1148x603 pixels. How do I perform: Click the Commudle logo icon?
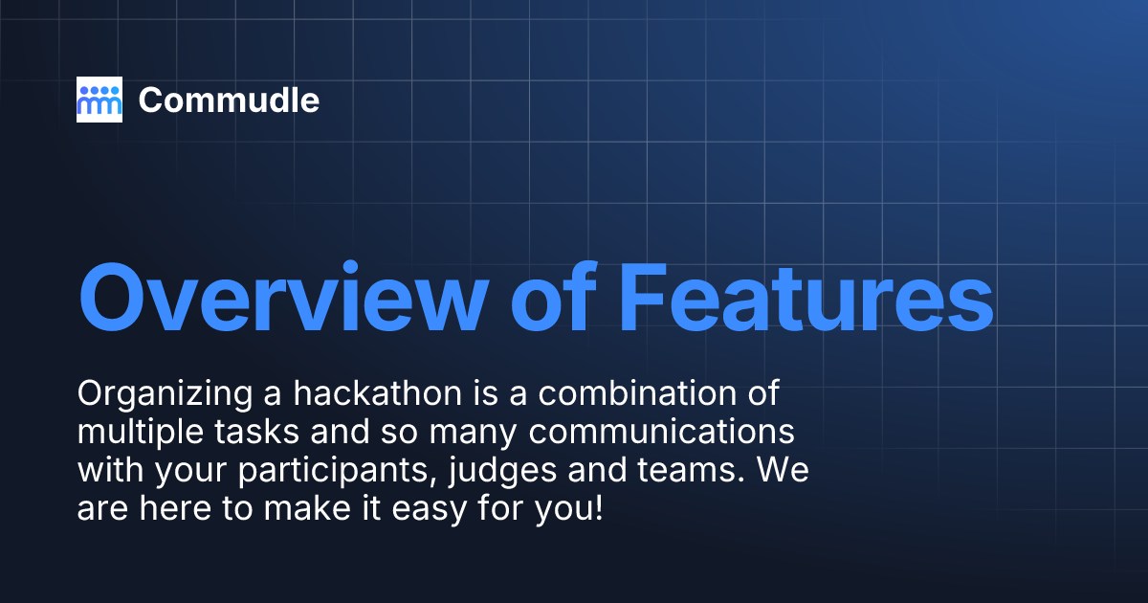[99, 100]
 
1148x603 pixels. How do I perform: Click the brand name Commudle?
[229, 100]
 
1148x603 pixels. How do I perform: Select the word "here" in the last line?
[173, 508]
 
